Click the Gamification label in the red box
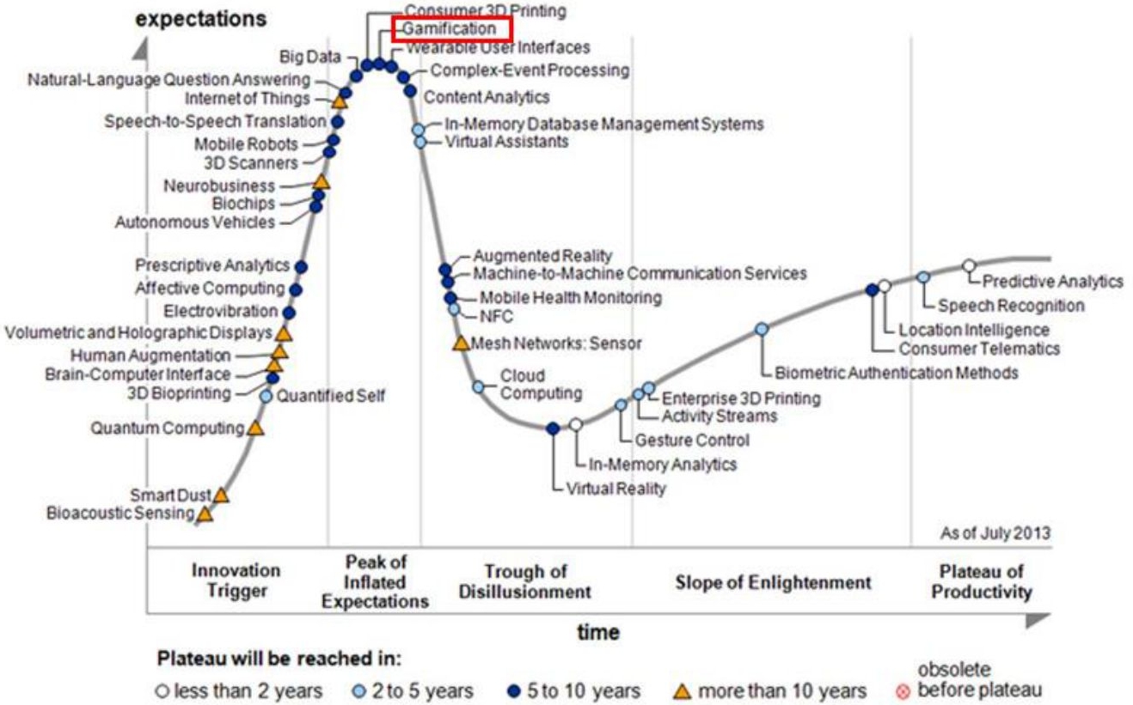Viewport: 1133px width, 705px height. pyautogui.click(x=450, y=29)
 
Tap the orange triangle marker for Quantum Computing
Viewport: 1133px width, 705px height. pyautogui.click(x=254, y=428)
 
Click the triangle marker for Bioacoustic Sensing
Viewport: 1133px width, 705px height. pyautogui.click(x=205, y=514)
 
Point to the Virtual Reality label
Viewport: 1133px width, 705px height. pyautogui.click(x=616, y=489)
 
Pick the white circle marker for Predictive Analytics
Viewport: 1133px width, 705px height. pyautogui.click(x=969, y=265)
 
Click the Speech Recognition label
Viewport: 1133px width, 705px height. pyautogui.click(x=1011, y=305)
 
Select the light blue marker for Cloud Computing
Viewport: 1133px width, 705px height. pyautogui.click(x=479, y=387)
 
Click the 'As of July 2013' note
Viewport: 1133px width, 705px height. pyautogui.click(x=995, y=533)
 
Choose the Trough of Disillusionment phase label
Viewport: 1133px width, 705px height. pyautogui.click(x=524, y=581)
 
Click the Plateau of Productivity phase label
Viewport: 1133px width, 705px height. pyautogui.click(x=981, y=581)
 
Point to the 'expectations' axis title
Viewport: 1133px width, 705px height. pyautogui.click(x=201, y=18)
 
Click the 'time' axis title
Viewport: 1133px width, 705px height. pyautogui.click(x=598, y=633)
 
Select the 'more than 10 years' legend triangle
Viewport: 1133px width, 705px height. pyautogui.click(x=682, y=690)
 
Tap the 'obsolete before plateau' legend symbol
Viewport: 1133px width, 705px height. pyautogui.click(x=902, y=692)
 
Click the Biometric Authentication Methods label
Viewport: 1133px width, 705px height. pyautogui.click(x=897, y=373)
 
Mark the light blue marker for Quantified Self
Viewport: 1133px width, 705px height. pyautogui.click(x=266, y=396)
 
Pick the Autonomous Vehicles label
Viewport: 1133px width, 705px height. pyautogui.click(x=195, y=222)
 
